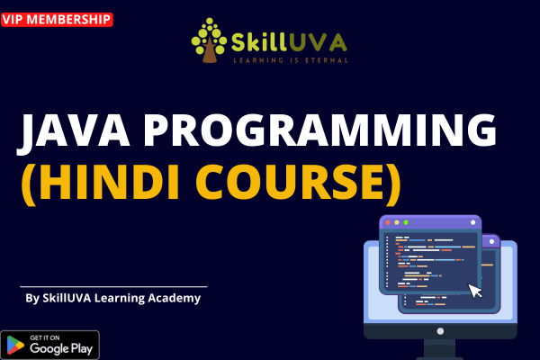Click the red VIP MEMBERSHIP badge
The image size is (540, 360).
57,18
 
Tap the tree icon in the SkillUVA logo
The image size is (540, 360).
208,42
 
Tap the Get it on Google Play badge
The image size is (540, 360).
50,345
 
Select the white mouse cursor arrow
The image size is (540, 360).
475,290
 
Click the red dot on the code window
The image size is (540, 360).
387,221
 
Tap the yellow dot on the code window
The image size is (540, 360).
396,221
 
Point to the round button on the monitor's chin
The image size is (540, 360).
440,332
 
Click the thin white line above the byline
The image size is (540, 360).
112,286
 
